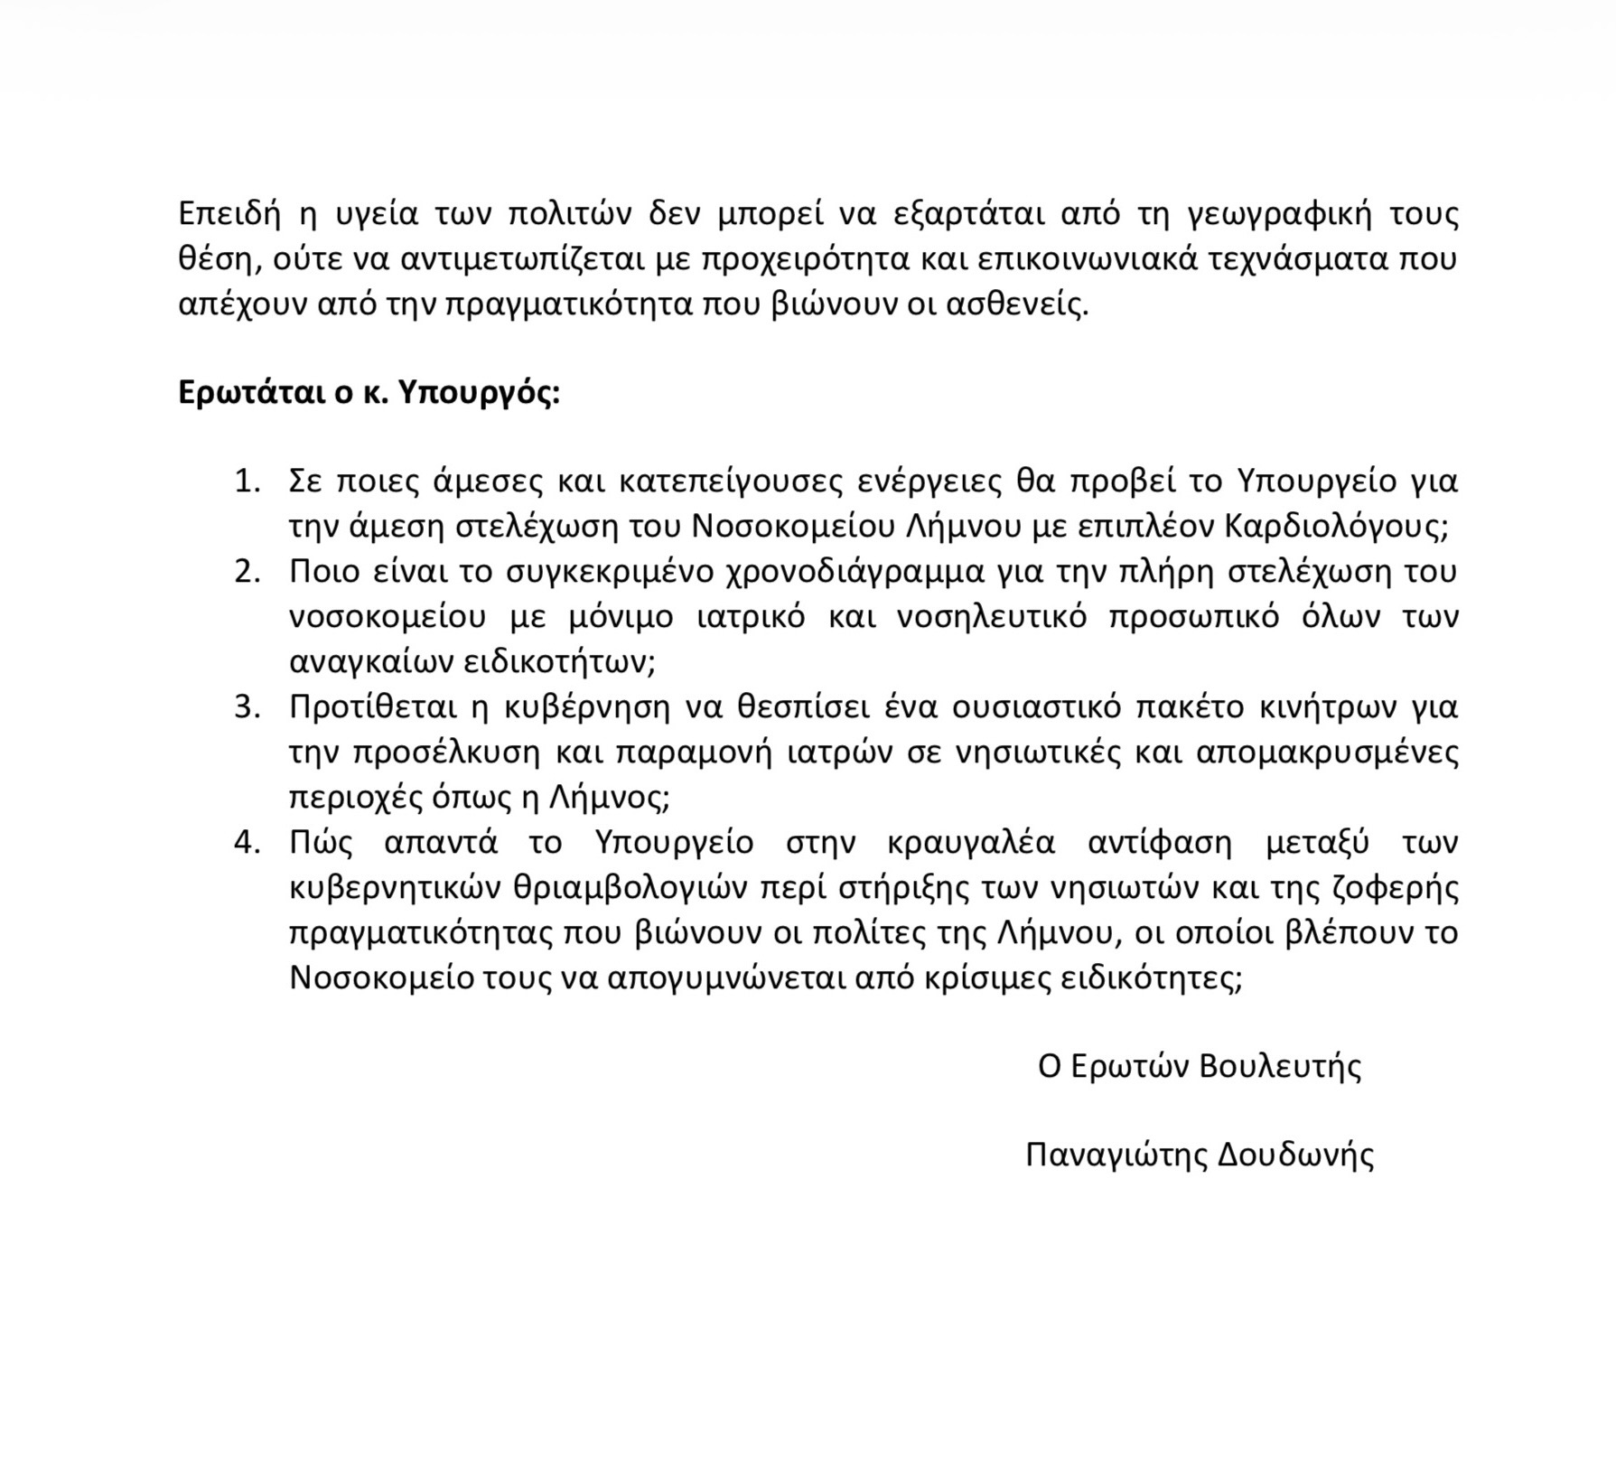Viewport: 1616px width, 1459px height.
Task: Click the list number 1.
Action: coord(246,482)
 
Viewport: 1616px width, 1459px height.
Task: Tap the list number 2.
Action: coord(246,572)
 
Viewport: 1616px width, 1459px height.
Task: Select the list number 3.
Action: coord(246,706)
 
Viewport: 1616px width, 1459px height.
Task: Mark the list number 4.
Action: coord(246,842)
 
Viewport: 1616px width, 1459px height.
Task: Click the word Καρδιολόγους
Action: coord(1335,527)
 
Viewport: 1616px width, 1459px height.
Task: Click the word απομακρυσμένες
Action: coord(1327,752)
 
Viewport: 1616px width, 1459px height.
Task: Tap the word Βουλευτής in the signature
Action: coord(1280,1067)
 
